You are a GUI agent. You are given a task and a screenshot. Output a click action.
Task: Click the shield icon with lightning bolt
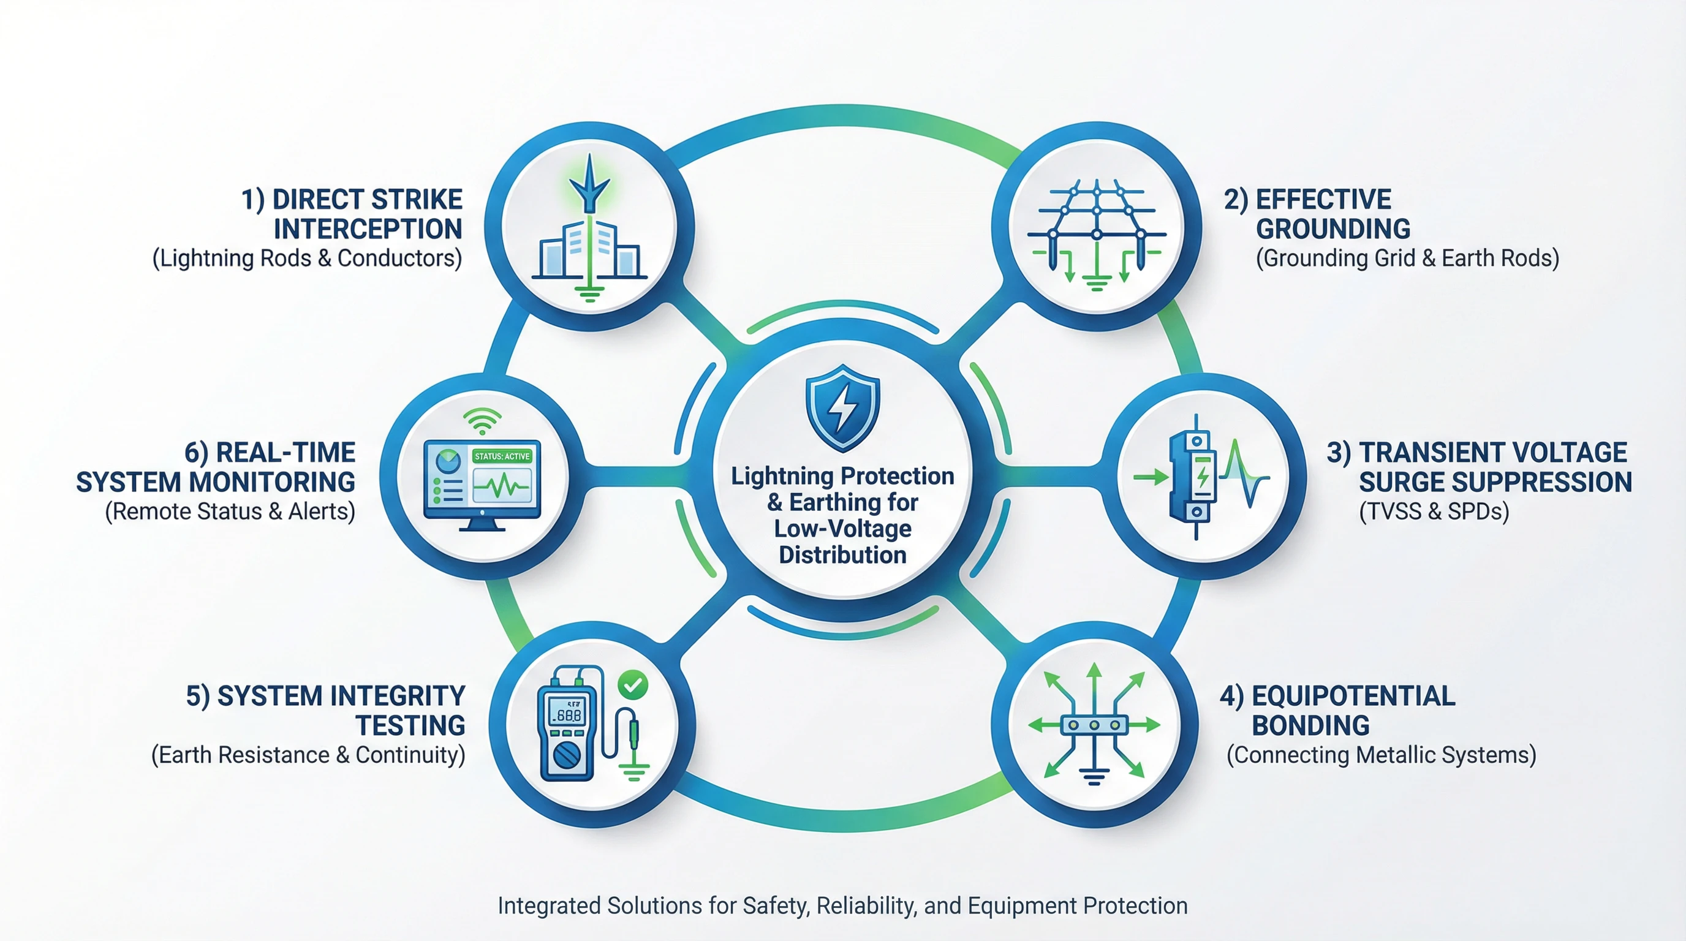pos(842,407)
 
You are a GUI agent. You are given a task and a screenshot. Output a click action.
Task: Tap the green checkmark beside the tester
pos(633,685)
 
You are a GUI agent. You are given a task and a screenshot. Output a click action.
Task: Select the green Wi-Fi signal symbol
pos(482,421)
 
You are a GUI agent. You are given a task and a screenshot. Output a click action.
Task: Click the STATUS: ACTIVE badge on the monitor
pos(502,456)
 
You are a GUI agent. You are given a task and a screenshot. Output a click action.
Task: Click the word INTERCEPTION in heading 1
pos(368,229)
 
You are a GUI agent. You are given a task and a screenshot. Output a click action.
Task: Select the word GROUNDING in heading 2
pos(1333,229)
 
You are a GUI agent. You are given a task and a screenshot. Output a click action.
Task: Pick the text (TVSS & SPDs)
pos(1434,511)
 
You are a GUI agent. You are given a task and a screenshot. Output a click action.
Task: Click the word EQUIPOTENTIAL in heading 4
pos(1353,695)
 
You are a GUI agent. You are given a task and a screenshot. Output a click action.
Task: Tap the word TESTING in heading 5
pos(410,726)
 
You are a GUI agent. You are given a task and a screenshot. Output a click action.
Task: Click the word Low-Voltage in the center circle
pos(842,529)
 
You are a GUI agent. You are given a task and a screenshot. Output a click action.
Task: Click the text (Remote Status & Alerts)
pos(230,511)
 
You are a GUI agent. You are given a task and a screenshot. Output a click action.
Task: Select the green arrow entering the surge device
pos(1151,477)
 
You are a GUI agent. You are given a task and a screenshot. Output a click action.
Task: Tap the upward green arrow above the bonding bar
pos(1094,688)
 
